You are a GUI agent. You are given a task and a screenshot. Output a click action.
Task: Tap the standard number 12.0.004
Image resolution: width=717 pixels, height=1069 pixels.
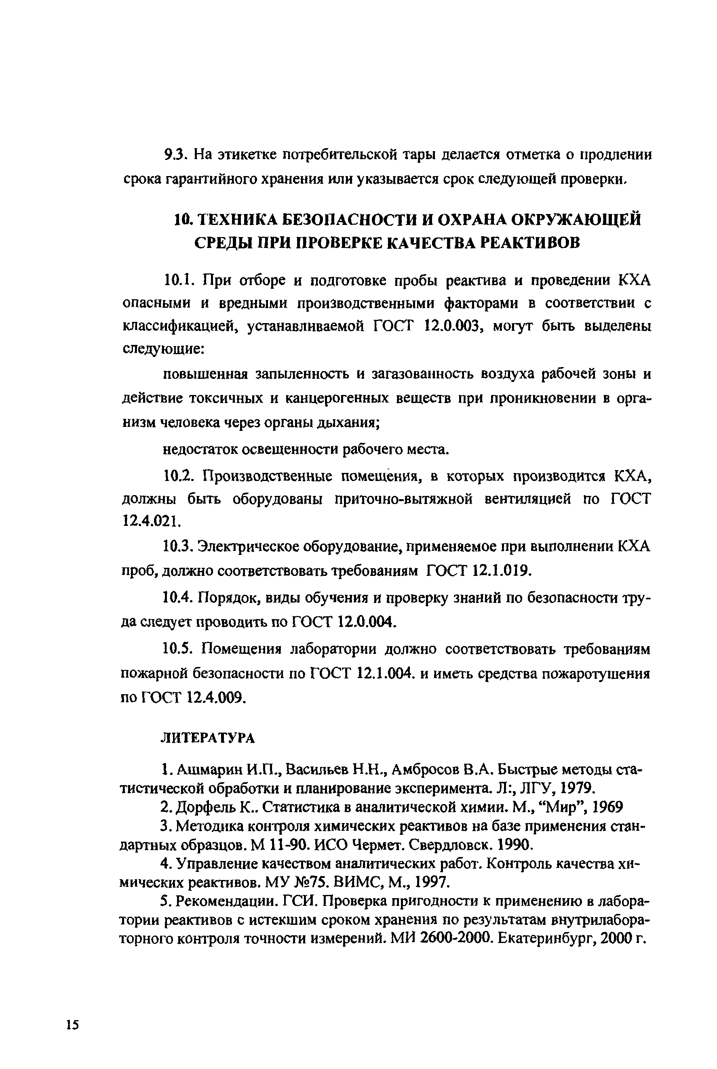(x=365, y=622)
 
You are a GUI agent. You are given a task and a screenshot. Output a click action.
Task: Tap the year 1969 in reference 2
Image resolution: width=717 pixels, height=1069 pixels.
(x=607, y=807)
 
